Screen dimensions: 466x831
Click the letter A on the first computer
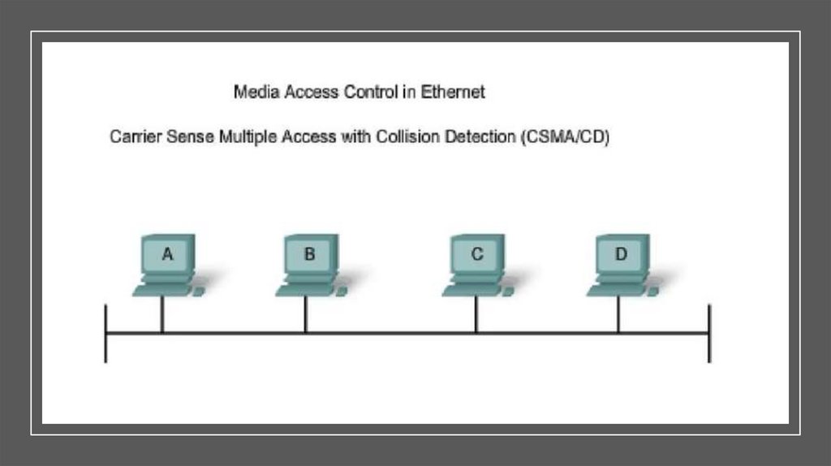tap(167, 254)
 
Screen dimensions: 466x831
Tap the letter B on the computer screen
tap(309, 254)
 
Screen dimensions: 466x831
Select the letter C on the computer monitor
tap(477, 254)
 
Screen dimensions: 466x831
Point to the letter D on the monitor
tap(620, 254)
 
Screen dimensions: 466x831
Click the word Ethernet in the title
tap(453, 93)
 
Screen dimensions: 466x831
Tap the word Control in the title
tap(371, 93)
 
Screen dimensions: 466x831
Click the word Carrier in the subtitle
tap(136, 137)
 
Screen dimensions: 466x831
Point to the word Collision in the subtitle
tap(408, 137)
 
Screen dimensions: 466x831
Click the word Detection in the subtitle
tap(479, 137)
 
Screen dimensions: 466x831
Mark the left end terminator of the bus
tap(105, 333)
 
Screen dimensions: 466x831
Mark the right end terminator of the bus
tap(709, 333)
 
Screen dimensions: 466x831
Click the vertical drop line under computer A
tap(162, 315)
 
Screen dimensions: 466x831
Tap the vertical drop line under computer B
tap(305, 315)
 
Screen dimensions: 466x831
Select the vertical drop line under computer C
tap(476, 315)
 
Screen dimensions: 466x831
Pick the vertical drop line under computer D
tap(618, 315)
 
